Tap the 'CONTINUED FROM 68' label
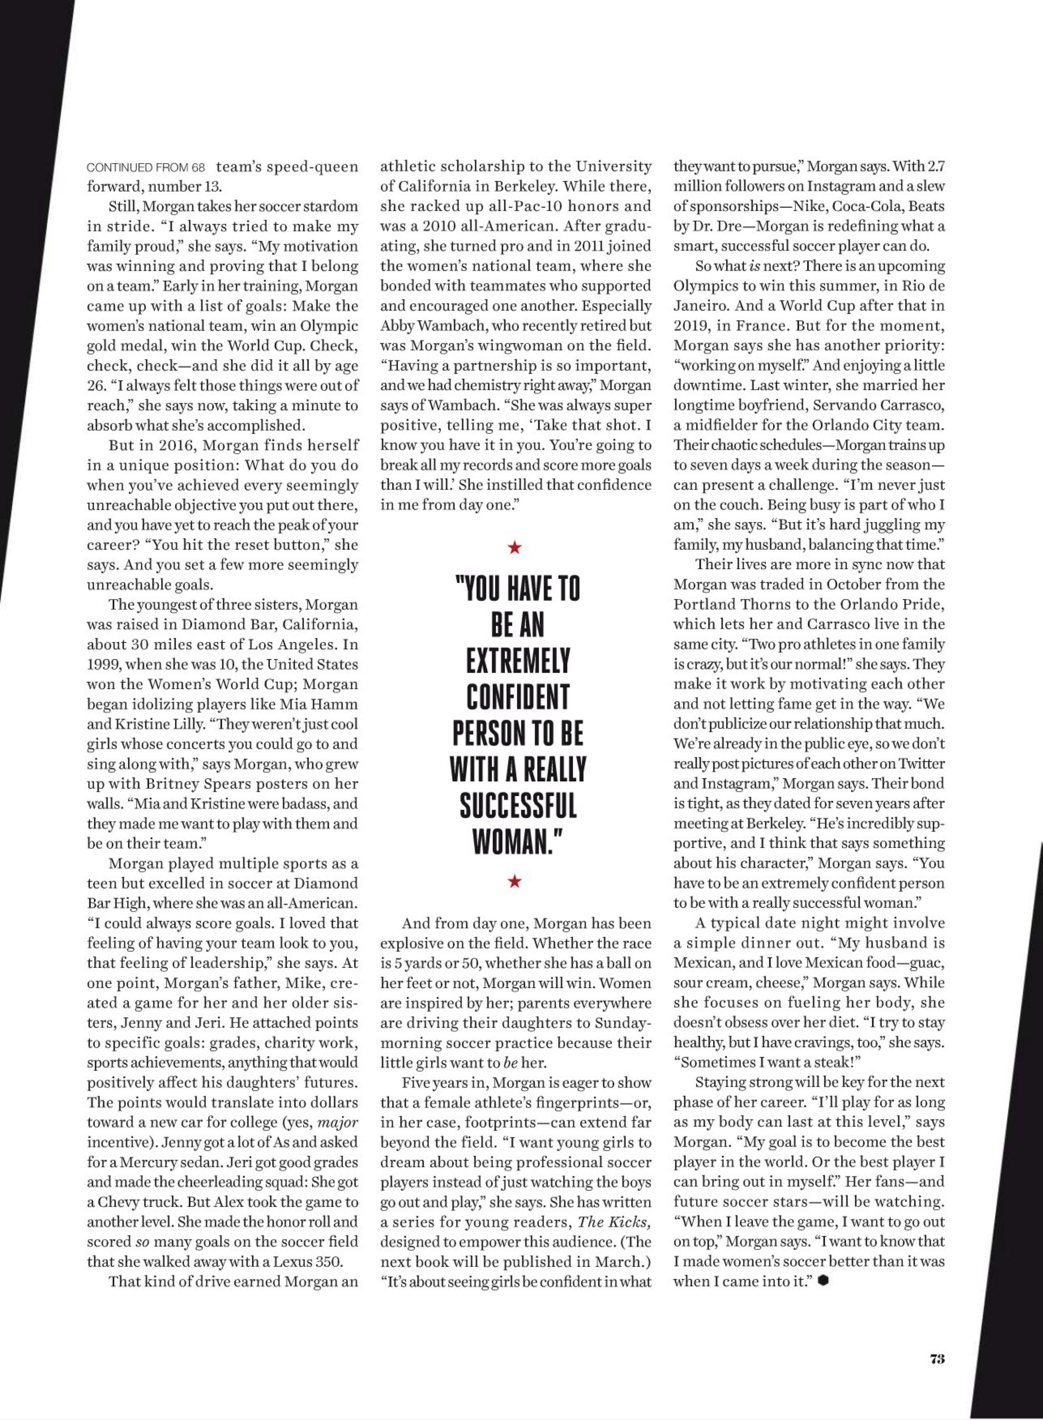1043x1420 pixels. coord(146,168)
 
